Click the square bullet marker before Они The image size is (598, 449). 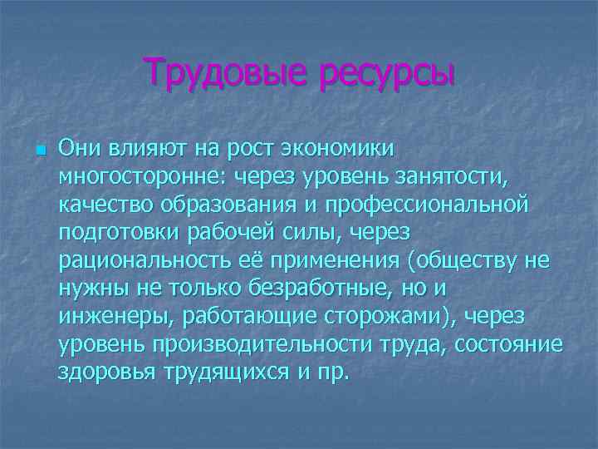click(x=39, y=150)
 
